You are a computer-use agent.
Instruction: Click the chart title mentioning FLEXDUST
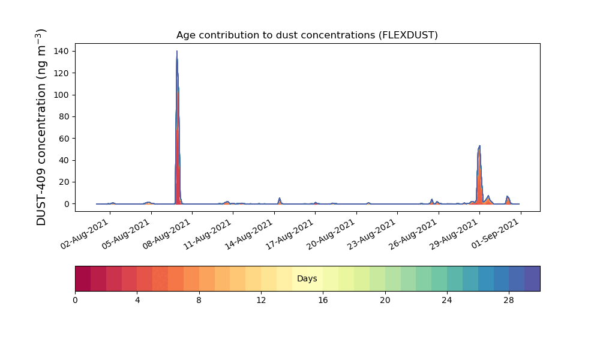[x=307, y=35]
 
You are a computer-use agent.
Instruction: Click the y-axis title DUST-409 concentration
[x=41, y=127]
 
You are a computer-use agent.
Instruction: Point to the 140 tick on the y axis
[x=61, y=51]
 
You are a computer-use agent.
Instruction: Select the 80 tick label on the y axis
[x=64, y=116]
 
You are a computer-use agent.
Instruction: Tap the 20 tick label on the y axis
[x=64, y=182]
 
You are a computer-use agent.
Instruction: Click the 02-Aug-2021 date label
[x=85, y=234]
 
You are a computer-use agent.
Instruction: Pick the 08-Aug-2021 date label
[x=166, y=234]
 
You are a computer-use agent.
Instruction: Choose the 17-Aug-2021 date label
[x=290, y=234]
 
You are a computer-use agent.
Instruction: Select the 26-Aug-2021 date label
[x=413, y=234]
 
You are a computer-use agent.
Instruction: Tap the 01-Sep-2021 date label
[x=495, y=234]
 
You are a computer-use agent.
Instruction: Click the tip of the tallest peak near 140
[x=177, y=51]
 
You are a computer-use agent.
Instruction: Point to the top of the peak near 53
[x=479, y=146]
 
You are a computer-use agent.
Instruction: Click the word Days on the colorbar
[x=307, y=278]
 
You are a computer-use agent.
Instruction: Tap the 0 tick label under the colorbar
[x=76, y=301]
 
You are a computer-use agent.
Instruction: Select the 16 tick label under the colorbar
[x=323, y=301]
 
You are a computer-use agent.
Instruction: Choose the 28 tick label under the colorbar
[x=509, y=301]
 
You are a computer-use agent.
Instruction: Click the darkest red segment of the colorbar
[x=83, y=278]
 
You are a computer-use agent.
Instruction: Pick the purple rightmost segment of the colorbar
[x=532, y=278]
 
